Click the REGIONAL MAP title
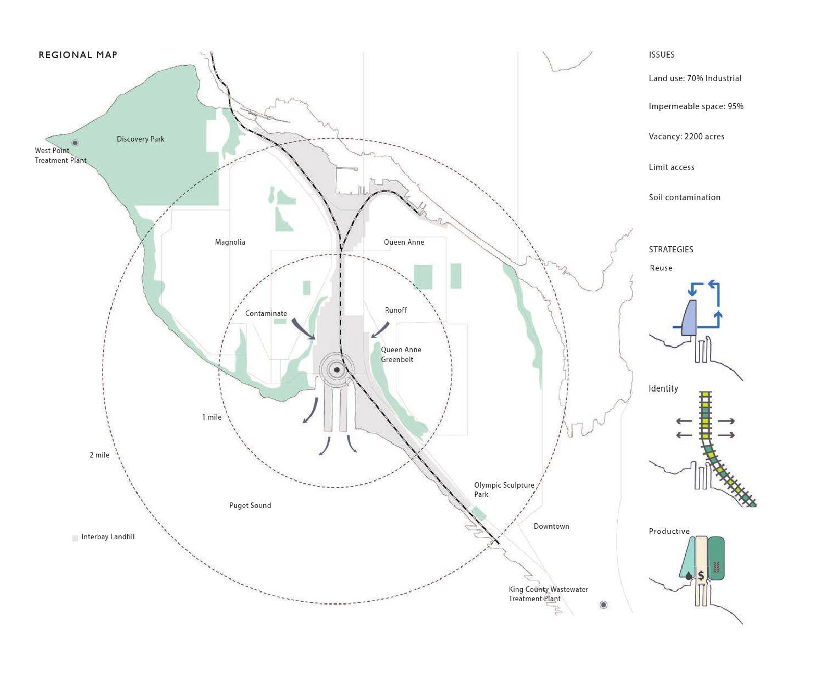coord(78,55)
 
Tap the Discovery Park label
coord(140,139)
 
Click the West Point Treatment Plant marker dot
coord(75,143)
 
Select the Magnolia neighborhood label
coord(230,242)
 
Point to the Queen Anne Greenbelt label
coord(400,355)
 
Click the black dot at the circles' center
coord(337,370)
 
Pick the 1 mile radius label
coord(212,417)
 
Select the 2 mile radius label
coord(99,455)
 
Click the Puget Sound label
coord(250,506)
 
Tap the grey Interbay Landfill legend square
coord(75,538)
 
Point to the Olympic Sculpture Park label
coord(504,490)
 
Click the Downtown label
coord(551,527)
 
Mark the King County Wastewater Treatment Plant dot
coord(603,605)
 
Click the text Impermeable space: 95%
coord(696,106)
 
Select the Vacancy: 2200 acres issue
coord(686,137)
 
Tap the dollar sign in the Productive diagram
coord(701,576)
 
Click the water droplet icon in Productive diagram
coord(688,576)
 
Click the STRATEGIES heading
coord(671,250)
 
